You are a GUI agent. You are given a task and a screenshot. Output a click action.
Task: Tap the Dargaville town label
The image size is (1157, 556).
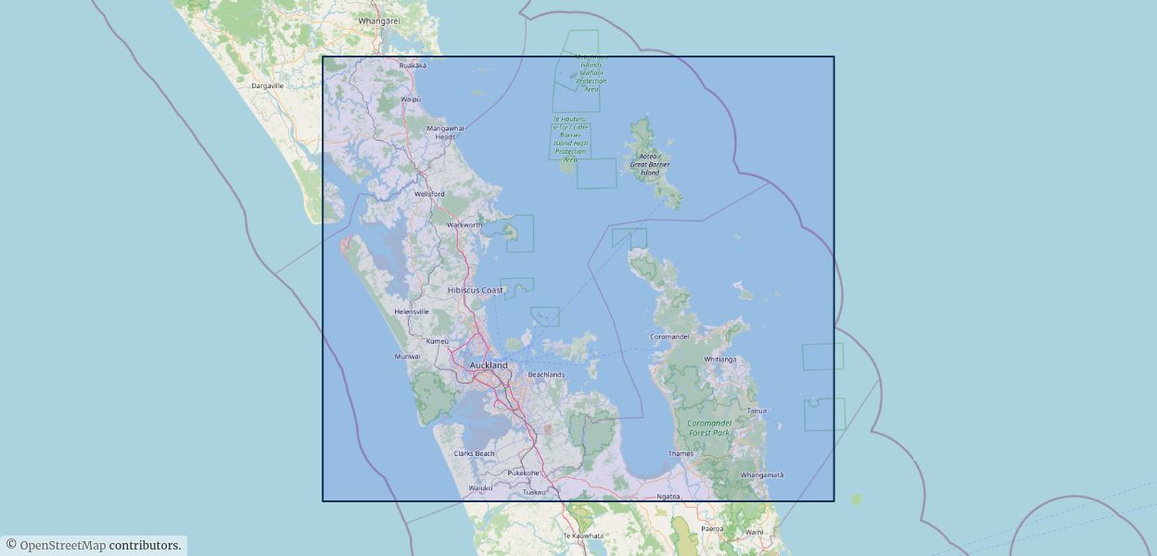coord(267,85)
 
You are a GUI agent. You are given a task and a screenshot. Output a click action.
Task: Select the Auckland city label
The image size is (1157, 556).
coord(489,365)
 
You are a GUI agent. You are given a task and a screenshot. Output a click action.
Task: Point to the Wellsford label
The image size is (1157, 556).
coord(429,194)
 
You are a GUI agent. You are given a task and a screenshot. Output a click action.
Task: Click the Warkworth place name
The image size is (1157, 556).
coord(464,225)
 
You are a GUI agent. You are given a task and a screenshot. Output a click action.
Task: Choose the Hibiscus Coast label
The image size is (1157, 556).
coord(476,290)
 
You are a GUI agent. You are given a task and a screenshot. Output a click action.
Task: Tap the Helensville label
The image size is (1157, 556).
coord(412,311)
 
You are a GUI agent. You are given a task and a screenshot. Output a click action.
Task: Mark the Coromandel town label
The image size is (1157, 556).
coord(669,336)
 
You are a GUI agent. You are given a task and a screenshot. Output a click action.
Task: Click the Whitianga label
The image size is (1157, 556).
coord(719,359)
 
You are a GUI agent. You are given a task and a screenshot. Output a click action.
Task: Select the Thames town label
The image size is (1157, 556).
coord(680,454)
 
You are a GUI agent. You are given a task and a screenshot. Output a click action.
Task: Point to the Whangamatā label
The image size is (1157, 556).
coord(762,474)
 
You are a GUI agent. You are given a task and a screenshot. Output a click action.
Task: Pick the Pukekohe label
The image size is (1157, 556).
coord(523,473)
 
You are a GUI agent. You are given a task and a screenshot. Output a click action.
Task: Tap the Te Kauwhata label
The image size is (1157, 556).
coord(583,536)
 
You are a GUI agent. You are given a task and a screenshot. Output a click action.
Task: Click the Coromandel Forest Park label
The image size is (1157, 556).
coord(709,427)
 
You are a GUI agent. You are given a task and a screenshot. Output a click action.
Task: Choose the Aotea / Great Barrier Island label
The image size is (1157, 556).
coord(650,165)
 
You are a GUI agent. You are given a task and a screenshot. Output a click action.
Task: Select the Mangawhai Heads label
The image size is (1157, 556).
coord(446,133)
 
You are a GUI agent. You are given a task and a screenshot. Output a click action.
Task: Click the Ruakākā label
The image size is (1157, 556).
coord(413,66)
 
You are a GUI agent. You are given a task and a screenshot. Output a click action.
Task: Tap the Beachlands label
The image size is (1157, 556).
coord(546,374)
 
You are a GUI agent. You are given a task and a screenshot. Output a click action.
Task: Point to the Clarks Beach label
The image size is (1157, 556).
coord(474,453)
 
